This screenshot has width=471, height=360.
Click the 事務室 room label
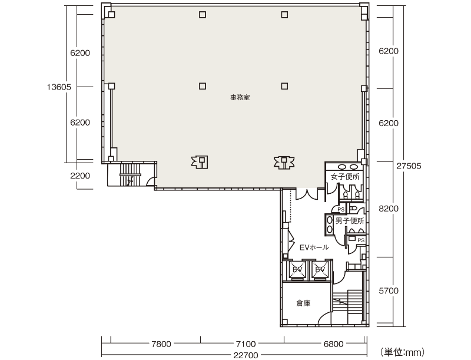tap(240, 97)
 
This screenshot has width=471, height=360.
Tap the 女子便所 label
tap(345, 176)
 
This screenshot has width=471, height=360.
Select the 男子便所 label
tap(350, 221)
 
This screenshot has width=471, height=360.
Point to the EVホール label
tap(314, 247)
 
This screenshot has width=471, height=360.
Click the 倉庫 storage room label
tap(303, 303)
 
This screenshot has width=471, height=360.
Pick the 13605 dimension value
tap(59, 87)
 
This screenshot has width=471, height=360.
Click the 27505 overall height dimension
tap(409, 166)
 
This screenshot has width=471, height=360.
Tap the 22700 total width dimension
tap(246, 355)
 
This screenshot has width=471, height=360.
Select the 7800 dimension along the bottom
tap(161, 344)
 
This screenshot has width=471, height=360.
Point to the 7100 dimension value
tap(246, 344)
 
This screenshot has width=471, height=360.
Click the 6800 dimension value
tap(333, 344)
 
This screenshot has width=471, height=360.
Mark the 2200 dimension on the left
tap(80, 176)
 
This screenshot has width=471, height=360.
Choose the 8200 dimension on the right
tap(389, 209)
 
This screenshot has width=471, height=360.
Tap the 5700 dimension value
tap(389, 290)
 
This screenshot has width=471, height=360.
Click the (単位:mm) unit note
tap(402, 352)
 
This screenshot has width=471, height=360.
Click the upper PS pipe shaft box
tap(341, 209)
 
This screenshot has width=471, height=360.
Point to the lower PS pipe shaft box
tap(360, 240)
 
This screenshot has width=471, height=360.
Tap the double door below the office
tap(306, 194)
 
